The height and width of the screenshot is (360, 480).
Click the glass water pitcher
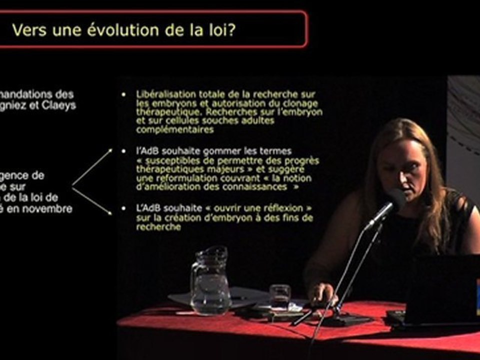pos(210,282)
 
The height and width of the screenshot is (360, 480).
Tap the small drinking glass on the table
pos(279,297)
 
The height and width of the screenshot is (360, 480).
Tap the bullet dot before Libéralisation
pos(123,94)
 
